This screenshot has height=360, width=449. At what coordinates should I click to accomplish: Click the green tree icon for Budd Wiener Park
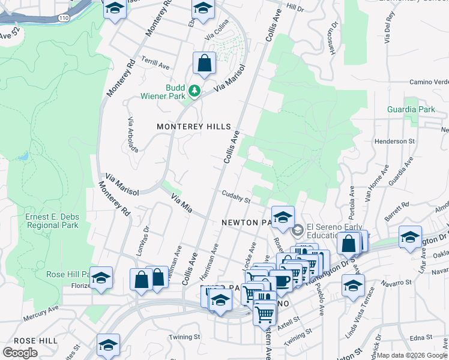pyautogui.click(x=194, y=91)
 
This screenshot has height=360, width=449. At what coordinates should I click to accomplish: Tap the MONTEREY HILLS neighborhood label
pyautogui.click(x=193, y=127)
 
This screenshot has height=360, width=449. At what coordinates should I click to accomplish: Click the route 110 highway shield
pyautogui.click(x=63, y=19)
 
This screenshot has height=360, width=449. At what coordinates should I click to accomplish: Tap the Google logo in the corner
pyautogui.click(x=20, y=352)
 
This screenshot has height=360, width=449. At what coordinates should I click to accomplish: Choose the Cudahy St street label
pyautogui.click(x=235, y=196)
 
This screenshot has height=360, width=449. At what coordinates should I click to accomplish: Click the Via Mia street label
pyautogui.click(x=181, y=203)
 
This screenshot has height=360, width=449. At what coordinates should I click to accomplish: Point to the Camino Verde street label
pyautogui.click(x=429, y=82)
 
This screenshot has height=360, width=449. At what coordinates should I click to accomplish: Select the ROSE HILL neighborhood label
pyautogui.click(x=35, y=340)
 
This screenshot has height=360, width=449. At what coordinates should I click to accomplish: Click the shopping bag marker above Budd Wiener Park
pyautogui.click(x=204, y=64)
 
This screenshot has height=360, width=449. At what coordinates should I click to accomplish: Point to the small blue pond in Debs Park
pyautogui.click(x=23, y=156)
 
